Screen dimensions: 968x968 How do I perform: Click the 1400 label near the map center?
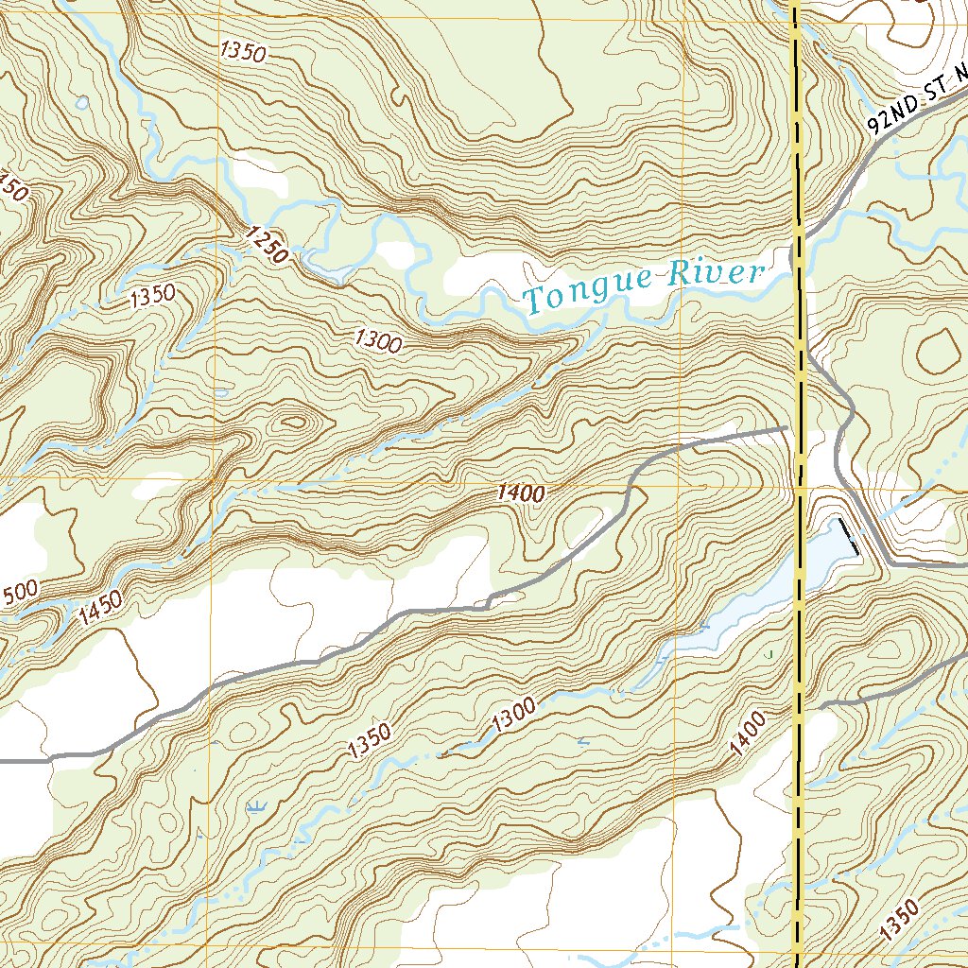point(521,493)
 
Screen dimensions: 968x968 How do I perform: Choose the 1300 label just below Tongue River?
point(378,339)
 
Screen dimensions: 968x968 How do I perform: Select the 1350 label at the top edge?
point(242,51)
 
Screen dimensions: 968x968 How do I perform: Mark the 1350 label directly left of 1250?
point(153,296)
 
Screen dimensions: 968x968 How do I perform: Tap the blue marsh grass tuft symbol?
point(254,806)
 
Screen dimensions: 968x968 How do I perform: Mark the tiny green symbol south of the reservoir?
point(770,653)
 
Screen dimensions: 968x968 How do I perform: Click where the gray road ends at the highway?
point(786,429)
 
